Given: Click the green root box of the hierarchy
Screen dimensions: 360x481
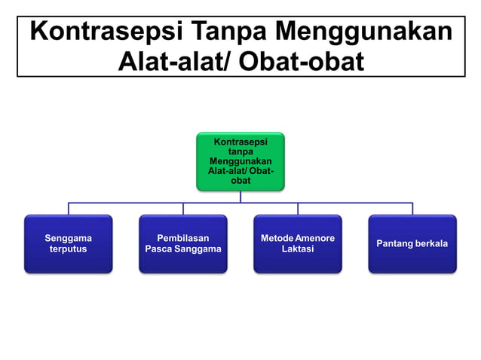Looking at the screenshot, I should click(240, 161).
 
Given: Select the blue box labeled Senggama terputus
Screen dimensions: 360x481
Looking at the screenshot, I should click(68, 243).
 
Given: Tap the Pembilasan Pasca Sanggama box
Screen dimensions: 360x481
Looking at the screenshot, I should click(182, 243).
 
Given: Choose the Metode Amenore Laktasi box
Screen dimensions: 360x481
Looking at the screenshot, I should click(297, 243).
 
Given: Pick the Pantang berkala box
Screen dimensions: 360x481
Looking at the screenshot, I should click(412, 243).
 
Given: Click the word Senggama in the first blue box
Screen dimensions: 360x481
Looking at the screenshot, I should click(68, 238).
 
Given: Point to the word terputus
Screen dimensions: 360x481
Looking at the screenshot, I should click(68, 249).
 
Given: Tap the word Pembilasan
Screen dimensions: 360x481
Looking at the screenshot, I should click(182, 238).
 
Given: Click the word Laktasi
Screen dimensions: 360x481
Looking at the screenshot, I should click(297, 249).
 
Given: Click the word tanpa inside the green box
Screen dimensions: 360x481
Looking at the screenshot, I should click(240, 151).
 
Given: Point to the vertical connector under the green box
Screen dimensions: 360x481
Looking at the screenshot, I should click(240, 196).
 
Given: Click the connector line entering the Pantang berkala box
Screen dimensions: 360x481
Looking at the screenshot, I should click(412, 209).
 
